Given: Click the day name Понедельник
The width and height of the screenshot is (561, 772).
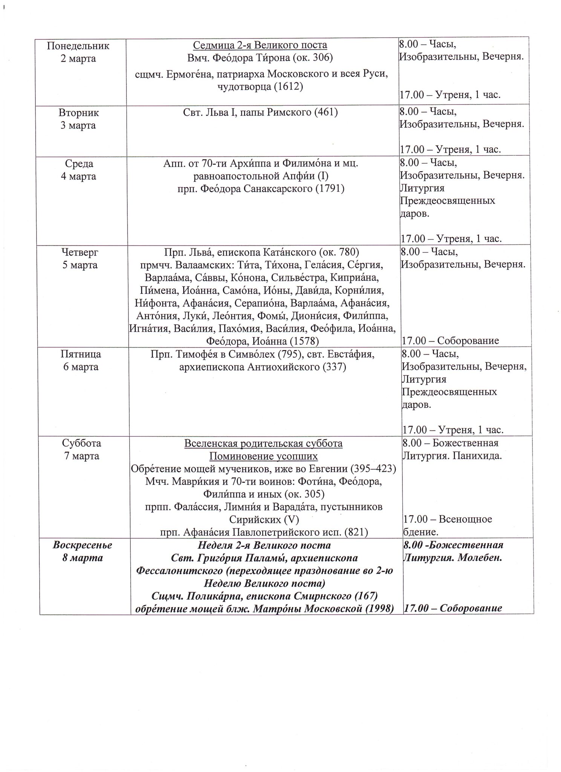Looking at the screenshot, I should (78, 46).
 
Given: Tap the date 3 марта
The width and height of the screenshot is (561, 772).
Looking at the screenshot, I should (78, 125).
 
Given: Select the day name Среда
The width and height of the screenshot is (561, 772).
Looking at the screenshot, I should (79, 164).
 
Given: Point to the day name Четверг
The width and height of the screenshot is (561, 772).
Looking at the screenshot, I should (80, 252).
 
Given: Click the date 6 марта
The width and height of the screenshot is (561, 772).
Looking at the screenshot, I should (81, 367).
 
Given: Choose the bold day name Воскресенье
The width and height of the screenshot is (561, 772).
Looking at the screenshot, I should (83, 545).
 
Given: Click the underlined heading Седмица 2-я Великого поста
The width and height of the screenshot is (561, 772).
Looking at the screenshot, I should (260, 45).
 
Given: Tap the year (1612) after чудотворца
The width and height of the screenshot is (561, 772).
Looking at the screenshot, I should (289, 86).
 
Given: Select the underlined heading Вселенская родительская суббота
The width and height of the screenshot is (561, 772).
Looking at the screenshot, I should (263, 443).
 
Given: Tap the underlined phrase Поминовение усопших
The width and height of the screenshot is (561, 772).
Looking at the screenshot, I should (263, 456).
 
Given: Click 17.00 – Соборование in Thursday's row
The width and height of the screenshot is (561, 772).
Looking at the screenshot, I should (450, 341).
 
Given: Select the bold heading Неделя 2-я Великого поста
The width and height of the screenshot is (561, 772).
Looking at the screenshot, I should (264, 545).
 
